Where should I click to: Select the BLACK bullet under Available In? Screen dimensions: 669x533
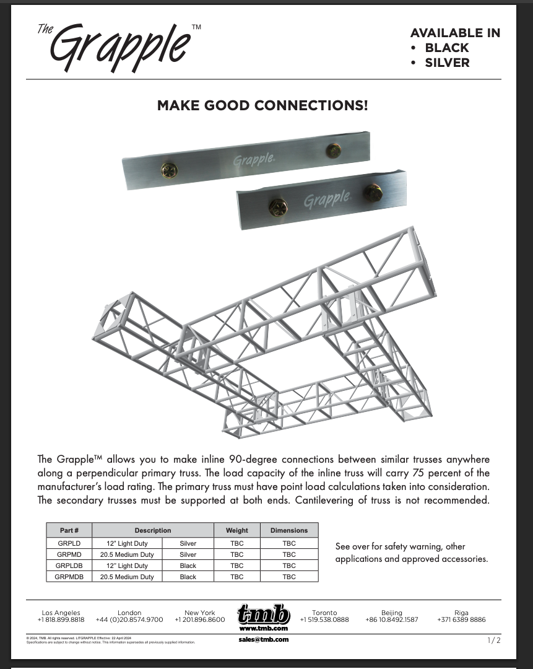click(446, 48)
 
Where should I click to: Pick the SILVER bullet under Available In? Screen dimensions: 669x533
click(447, 63)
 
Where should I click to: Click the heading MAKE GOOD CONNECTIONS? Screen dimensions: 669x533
click(262, 105)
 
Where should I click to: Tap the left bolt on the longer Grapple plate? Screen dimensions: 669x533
click(168, 170)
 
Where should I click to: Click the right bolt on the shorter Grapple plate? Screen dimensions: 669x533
click(373, 192)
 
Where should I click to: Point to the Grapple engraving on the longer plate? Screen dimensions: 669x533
click(254, 160)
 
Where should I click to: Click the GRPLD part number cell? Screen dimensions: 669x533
click(69, 543)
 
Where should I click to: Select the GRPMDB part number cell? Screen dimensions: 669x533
click(69, 577)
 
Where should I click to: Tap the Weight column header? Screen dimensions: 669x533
click(236, 530)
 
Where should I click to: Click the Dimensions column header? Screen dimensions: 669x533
click(289, 530)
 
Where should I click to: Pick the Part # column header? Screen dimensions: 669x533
click(69, 530)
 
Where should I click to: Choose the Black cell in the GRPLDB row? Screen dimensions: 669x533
click(188, 566)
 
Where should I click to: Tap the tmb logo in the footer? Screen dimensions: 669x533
click(263, 615)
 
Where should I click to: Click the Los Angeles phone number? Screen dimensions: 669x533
click(61, 619)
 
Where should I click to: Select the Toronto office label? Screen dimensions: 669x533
click(324, 613)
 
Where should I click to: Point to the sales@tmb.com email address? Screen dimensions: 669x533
click(263, 639)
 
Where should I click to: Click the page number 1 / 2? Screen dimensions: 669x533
click(493, 640)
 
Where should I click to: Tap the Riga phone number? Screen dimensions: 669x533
click(461, 619)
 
